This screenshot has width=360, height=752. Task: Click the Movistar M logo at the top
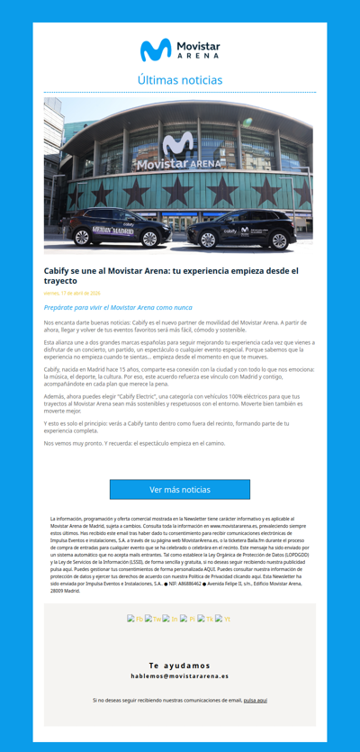tap(155, 50)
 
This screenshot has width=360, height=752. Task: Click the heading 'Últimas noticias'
tap(180, 80)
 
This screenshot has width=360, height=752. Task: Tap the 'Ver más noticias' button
tap(180, 489)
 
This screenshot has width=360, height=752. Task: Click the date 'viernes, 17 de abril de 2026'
tap(72, 294)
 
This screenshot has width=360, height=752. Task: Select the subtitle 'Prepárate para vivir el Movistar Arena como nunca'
tap(118, 307)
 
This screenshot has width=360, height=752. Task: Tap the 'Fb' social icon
tap(135, 619)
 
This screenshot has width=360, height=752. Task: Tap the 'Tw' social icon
tap(153, 619)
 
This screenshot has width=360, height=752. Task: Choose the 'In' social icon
tap(170, 619)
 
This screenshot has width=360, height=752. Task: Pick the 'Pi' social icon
tap(187, 619)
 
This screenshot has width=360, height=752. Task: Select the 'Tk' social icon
tap(205, 619)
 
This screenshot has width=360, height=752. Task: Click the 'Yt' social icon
tap(222, 619)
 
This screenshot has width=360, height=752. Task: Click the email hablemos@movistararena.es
tap(180, 675)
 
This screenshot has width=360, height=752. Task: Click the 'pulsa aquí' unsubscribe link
tap(255, 700)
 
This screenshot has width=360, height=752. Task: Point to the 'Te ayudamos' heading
tap(180, 665)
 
